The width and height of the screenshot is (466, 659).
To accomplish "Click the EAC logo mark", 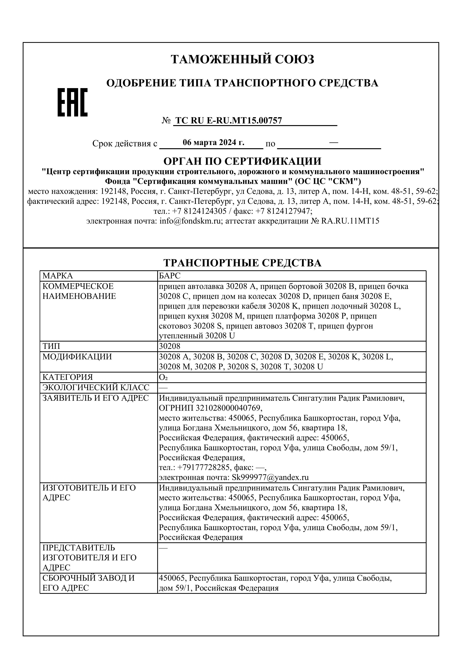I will pos(73,102).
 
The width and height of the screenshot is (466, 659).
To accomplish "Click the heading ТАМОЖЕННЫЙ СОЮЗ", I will pos(242,59).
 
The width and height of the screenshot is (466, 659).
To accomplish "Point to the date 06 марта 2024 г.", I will pos(214,143).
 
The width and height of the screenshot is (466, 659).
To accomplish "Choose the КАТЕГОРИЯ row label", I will pos(67,377).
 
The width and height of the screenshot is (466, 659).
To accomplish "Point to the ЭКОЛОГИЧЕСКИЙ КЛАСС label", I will pos(96,388).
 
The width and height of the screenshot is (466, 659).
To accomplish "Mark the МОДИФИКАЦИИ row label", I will pos(77,357).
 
